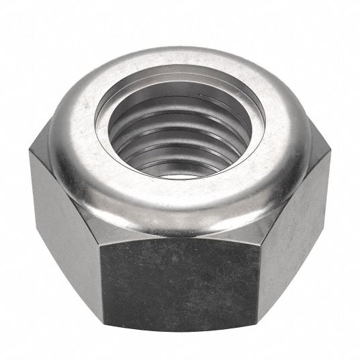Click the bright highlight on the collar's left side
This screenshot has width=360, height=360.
pyautogui.click(x=74, y=128)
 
